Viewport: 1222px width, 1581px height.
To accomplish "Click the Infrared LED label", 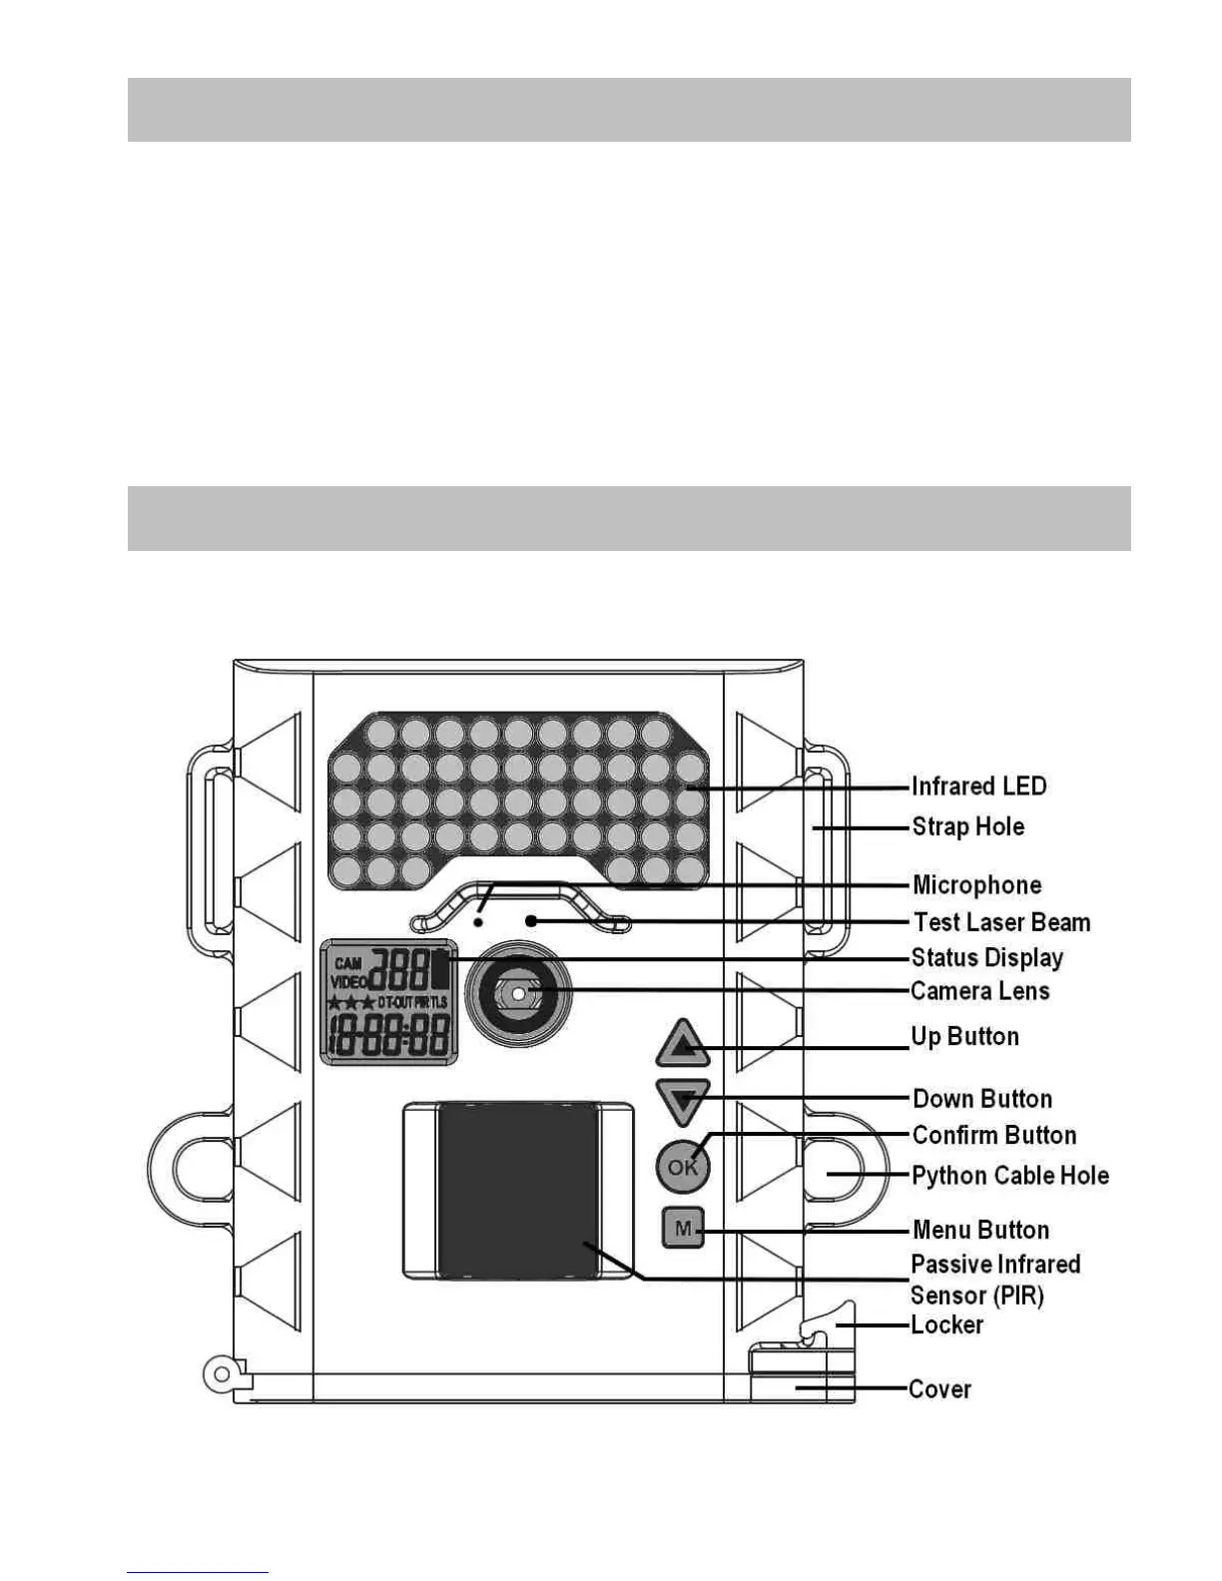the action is pyautogui.click(x=978, y=787).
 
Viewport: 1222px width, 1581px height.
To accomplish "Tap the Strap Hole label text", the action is pyautogui.click(x=967, y=826).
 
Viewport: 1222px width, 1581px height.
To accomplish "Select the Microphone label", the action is pyautogui.click(x=976, y=885).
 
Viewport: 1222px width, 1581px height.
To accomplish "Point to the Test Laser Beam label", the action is pyautogui.click(x=1001, y=922).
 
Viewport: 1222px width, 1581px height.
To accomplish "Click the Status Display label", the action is pyautogui.click(x=986, y=958).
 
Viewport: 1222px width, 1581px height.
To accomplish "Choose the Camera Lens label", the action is pyautogui.click(x=979, y=991).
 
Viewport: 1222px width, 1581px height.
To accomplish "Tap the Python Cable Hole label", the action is pyautogui.click(x=1010, y=1176).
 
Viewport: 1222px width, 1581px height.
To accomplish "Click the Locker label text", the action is pyautogui.click(x=946, y=1325).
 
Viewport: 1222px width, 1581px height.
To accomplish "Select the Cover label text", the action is pyautogui.click(x=939, y=1389).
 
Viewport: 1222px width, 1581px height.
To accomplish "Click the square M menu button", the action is pyautogui.click(x=683, y=1229).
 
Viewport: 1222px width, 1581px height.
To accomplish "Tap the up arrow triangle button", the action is pyautogui.click(x=683, y=1045).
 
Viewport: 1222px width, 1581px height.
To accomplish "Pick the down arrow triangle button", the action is pyautogui.click(x=683, y=1101).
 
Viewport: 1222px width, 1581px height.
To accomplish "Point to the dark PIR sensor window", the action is pyautogui.click(x=517, y=1190).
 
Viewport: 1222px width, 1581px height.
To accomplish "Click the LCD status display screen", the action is pyautogui.click(x=388, y=1002).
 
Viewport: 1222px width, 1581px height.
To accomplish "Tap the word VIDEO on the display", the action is pyautogui.click(x=348, y=982).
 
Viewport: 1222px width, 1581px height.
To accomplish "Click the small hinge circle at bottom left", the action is pyautogui.click(x=220, y=1374).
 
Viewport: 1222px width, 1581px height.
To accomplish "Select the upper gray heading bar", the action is pyautogui.click(x=629, y=110).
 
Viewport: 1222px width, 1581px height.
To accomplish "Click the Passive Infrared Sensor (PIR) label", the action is pyautogui.click(x=994, y=1280).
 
